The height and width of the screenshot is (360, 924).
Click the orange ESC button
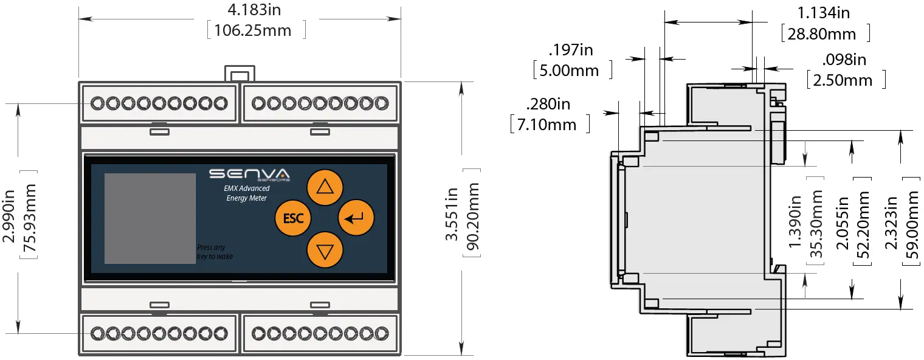293,218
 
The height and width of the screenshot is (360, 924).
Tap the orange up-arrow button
325,187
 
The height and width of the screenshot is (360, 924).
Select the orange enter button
356,217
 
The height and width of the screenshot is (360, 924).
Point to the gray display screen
150,218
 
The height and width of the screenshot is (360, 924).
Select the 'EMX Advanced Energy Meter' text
246,193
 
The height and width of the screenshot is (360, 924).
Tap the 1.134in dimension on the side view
824,13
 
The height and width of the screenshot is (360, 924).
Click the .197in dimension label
571,50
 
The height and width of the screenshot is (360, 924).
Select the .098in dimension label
844,60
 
